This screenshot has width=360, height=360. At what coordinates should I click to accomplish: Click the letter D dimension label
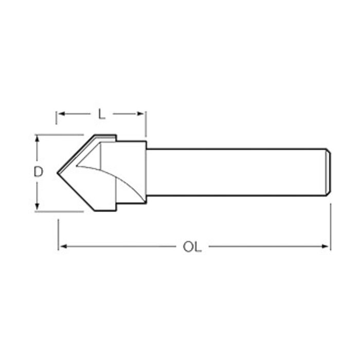pyautogui.click(x=38, y=172)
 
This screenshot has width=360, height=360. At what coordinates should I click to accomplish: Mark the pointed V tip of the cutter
pyautogui.click(x=58, y=172)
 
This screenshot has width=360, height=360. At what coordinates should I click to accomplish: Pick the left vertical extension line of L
pyautogui.click(x=56, y=117)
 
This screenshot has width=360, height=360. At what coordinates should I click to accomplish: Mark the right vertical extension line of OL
pyautogui.click(x=330, y=226)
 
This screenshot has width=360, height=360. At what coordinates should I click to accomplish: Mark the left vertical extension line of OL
pyautogui.click(x=58, y=234)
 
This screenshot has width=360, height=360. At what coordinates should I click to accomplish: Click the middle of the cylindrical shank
pyautogui.click(x=237, y=172)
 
